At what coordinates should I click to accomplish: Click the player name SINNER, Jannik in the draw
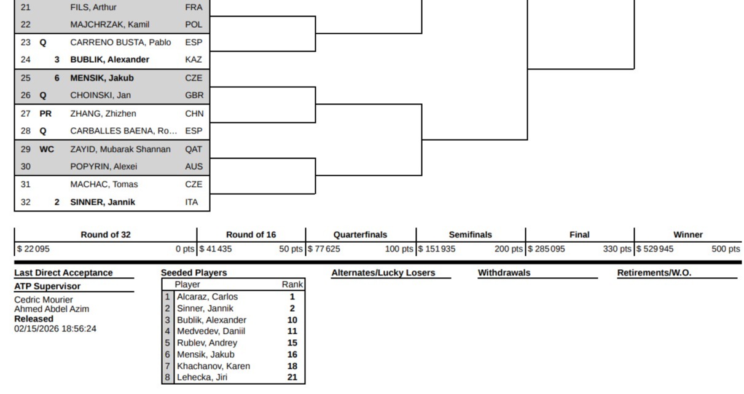103,202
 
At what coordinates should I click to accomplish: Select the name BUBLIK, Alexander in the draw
109,60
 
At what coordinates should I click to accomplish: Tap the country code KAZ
193,60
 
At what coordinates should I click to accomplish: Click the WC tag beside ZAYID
47,149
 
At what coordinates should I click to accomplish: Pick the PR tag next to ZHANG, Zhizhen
45,114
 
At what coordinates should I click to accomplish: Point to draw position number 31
25,184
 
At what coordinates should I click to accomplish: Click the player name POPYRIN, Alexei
103,167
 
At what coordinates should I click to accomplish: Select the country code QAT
193,149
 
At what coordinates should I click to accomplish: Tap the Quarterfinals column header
360,235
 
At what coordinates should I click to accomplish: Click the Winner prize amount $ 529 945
655,249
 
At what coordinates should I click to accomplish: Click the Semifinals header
470,235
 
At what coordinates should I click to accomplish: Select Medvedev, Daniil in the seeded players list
211,331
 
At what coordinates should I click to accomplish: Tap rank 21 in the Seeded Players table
292,377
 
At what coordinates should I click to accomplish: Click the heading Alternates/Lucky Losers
383,273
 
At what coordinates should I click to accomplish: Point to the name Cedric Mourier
44,300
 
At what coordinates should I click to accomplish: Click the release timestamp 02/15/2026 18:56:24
55,329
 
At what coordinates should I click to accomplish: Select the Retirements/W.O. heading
654,273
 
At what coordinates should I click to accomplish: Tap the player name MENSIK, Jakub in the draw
101,78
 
